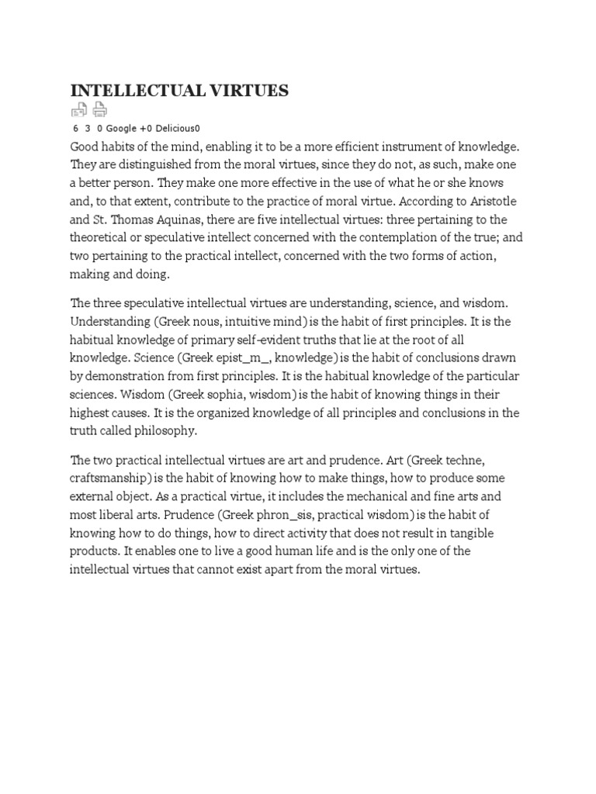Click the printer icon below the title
(100, 110)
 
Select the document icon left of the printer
(79, 110)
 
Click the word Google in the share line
(121, 128)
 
